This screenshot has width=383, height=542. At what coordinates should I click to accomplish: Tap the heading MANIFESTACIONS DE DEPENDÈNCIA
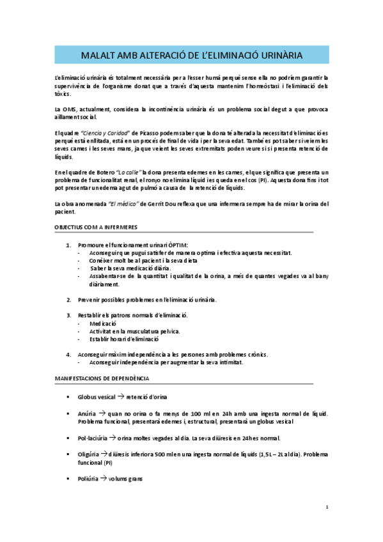pyautogui.click(x=102, y=378)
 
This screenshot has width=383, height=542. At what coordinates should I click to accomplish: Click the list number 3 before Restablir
pyautogui.click(x=69, y=315)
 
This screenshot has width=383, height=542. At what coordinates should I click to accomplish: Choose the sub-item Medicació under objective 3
pyautogui.click(x=102, y=323)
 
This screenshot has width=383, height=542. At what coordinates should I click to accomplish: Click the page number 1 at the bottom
pyautogui.click(x=327, y=508)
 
